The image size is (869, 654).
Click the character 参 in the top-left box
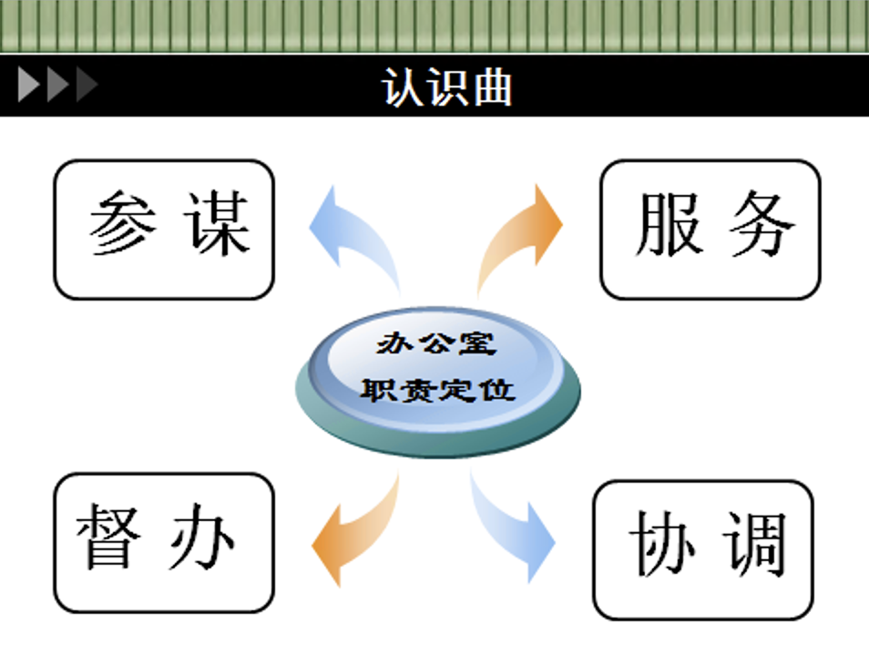tap(122, 223)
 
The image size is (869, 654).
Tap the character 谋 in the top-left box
tap(219, 223)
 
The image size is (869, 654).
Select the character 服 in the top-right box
tap(669, 224)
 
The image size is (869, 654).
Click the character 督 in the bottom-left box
tap(108, 536)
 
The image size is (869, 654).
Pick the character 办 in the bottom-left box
tap(202, 536)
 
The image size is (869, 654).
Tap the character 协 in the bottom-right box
tap(661, 544)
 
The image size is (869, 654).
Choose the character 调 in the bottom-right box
tap(755, 544)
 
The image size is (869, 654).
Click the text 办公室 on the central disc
tap(436, 343)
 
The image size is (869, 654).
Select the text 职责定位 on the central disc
tap(438, 390)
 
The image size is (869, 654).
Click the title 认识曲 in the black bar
tap(446, 87)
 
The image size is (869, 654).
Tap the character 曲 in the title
tap(493, 87)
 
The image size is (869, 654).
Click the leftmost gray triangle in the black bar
tap(28, 85)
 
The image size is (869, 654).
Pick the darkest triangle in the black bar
tap(87, 85)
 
